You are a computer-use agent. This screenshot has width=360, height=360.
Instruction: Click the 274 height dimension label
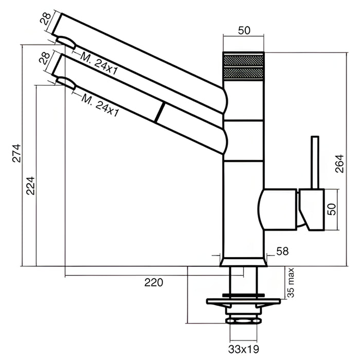tap(16, 153)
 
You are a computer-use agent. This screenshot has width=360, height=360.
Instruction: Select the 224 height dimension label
tap(30, 186)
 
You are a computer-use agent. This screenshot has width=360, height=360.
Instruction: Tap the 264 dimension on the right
tap(339, 164)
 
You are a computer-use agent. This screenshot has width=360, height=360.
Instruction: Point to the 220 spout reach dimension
tap(154, 282)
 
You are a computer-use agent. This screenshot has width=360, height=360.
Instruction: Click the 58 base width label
tap(282, 251)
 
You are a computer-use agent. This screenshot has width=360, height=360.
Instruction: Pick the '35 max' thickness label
tap(291, 282)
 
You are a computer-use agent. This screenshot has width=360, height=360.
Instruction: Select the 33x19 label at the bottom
tap(244, 349)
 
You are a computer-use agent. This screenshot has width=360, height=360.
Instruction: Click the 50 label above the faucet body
tap(244, 30)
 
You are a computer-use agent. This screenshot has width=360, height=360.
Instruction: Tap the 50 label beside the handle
tap(332, 209)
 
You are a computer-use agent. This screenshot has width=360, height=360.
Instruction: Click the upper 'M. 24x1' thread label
tap(99, 64)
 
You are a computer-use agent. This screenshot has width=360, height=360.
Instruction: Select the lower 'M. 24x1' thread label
tap(101, 105)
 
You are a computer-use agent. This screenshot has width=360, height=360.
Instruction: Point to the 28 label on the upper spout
tap(45, 19)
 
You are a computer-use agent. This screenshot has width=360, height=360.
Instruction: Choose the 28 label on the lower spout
tap(44, 58)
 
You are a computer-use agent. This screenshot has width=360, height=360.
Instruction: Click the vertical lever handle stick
tap(315, 163)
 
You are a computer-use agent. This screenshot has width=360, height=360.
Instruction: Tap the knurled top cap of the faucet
tap(243, 66)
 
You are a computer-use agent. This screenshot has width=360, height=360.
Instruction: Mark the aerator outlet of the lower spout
tap(66, 84)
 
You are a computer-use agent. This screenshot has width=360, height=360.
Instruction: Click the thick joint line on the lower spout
tap(159, 112)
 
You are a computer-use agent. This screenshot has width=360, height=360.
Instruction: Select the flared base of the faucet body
tap(243, 262)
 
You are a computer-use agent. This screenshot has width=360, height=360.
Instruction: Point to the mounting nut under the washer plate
tap(243, 321)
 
